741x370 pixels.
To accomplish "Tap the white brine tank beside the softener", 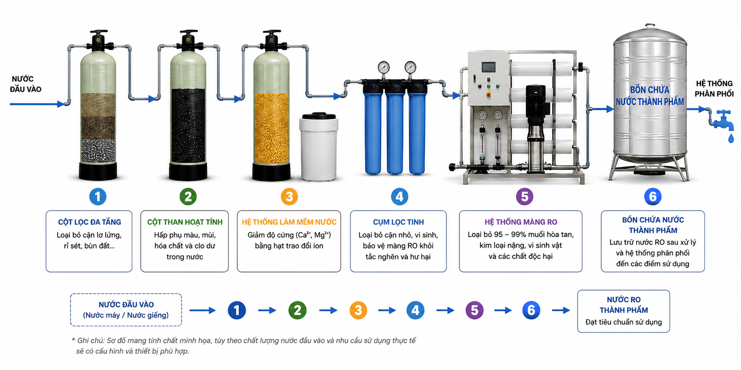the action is coord(318,146).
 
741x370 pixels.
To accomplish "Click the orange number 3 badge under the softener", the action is coord(289,196).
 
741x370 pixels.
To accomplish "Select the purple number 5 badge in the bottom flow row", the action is coord(474,310).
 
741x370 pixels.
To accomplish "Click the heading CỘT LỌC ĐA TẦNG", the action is coord(89,222).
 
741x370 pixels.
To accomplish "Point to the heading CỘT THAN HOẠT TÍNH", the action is coord(185,222).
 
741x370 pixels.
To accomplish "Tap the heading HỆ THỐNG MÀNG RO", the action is coord(520,222).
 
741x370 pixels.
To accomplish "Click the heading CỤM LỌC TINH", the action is coord(398,222).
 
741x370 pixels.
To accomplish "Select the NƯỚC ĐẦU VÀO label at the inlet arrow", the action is coord(25,84).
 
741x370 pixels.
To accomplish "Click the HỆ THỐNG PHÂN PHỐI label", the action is coord(714,88).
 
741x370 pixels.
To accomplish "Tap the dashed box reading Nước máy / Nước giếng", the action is coord(126,310).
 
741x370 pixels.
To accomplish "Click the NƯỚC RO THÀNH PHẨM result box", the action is coord(623,311).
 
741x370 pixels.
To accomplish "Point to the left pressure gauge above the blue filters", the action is coord(383,67).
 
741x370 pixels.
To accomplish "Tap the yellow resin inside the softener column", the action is coord(272,128).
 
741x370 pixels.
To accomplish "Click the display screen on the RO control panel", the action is coord(488,67).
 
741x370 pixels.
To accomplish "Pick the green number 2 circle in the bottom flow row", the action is coord(297,310).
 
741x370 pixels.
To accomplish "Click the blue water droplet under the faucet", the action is coord(731,138).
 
